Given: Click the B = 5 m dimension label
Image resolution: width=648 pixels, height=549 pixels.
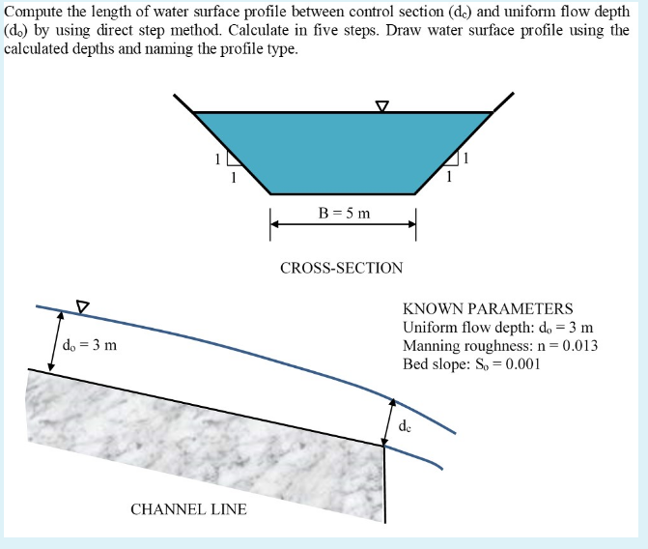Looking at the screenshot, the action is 343,213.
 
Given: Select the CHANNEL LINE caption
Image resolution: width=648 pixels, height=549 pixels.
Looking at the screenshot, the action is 188,508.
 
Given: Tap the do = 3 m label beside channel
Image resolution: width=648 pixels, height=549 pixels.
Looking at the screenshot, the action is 89,344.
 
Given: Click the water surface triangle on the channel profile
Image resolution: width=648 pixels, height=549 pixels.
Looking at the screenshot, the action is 82,306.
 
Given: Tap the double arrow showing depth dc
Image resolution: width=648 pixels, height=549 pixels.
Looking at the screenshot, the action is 388,419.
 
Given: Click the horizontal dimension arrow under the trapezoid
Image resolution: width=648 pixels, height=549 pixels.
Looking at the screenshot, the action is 343,224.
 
